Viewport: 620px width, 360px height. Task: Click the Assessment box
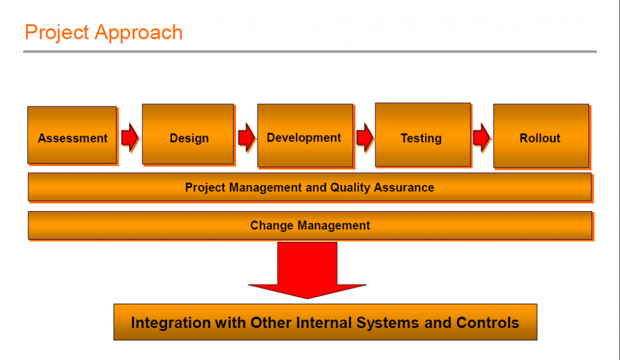(x=72, y=135)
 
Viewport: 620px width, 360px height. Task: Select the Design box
(x=188, y=134)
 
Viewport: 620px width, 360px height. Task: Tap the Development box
(x=305, y=136)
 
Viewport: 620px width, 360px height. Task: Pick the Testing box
(x=423, y=135)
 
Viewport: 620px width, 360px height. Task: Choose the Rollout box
(x=541, y=136)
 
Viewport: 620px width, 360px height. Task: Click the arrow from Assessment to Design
(x=130, y=137)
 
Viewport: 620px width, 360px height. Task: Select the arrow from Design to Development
(x=246, y=137)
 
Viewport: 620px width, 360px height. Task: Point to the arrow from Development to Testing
(x=364, y=137)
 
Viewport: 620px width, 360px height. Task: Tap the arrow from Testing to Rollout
(x=481, y=137)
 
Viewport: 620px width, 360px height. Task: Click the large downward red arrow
(x=307, y=270)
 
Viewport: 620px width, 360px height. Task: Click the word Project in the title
(x=57, y=33)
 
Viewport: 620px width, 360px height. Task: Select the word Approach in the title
(x=139, y=33)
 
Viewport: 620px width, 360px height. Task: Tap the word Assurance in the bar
(x=404, y=188)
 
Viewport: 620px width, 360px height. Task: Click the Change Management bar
(x=310, y=225)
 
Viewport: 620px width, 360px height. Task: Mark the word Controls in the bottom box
(x=487, y=322)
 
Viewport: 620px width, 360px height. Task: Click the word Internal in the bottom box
(x=325, y=322)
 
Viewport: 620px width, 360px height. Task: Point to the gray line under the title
(x=310, y=51)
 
